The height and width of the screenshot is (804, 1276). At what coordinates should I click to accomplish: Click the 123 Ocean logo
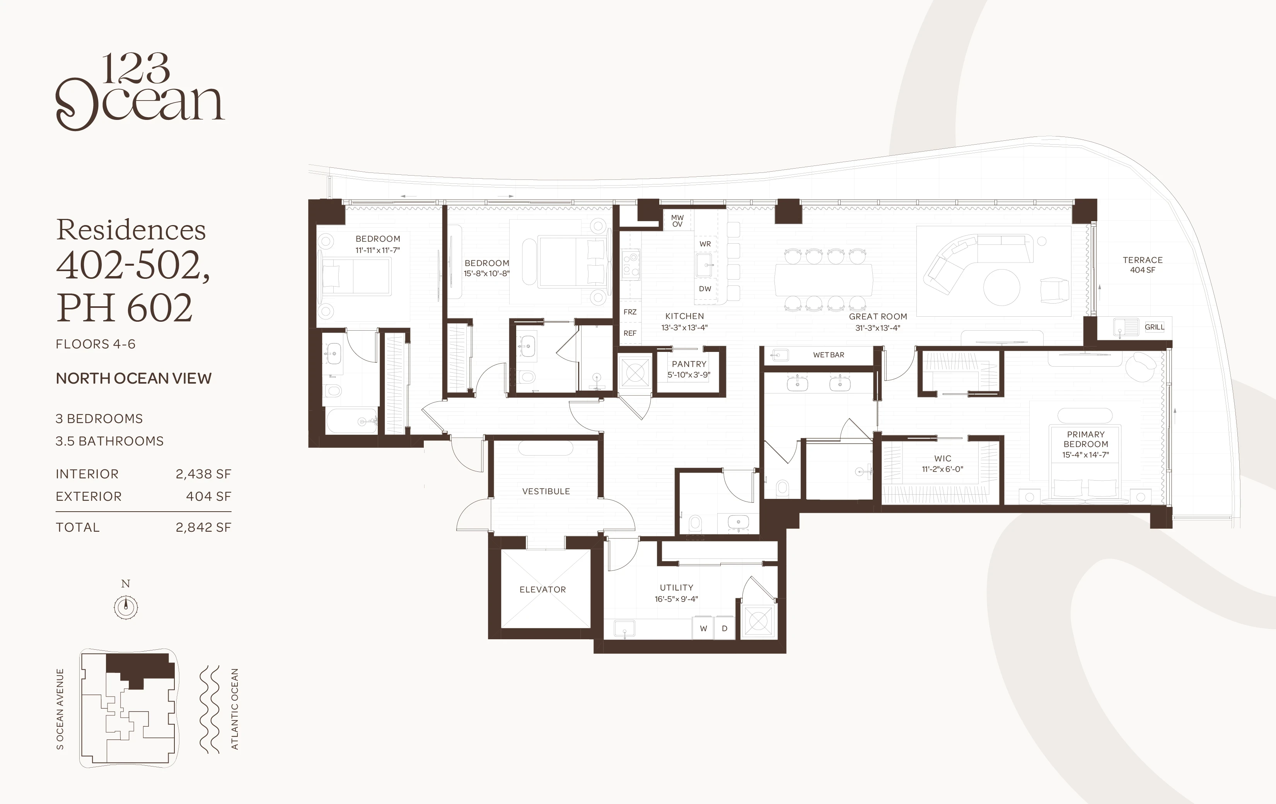140,91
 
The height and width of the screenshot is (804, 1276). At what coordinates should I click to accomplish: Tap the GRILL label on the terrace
1154,327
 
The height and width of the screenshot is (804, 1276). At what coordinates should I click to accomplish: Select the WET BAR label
829,355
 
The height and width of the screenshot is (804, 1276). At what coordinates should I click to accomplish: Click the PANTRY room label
689,364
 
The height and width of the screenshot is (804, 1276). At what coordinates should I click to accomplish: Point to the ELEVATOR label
542,589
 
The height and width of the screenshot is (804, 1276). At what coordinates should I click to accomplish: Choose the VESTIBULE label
546,491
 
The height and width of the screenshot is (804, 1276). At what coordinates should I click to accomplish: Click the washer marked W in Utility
703,628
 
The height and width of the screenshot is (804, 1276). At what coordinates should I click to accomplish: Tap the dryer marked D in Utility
724,628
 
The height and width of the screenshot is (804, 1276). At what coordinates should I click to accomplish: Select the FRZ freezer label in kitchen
630,312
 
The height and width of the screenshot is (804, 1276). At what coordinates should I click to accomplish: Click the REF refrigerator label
630,333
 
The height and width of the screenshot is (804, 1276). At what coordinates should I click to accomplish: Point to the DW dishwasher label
705,289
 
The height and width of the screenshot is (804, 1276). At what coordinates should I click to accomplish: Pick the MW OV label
677,221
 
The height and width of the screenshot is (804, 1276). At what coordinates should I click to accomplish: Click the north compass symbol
126,606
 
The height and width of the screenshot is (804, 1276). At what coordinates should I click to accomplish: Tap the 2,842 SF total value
203,527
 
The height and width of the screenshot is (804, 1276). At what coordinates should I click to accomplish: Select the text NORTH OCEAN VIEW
133,379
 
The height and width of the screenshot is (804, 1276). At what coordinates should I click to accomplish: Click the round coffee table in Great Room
1001,287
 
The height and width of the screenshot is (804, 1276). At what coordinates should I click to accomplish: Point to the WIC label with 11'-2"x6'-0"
943,464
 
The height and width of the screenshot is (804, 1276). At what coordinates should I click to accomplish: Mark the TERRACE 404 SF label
1143,265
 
